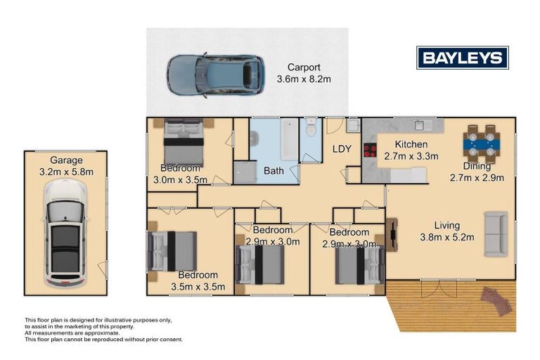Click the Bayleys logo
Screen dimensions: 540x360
click(x=462, y=58)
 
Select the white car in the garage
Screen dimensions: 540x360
click(x=65, y=233)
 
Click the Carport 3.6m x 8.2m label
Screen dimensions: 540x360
click(x=304, y=73)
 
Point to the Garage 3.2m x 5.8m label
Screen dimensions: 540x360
click(x=66, y=166)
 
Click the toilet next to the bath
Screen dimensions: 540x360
click(x=311, y=127)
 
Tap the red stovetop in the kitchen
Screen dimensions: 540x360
click(x=371, y=150)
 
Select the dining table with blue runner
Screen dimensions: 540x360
click(x=482, y=144)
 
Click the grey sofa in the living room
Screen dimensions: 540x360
click(x=496, y=234)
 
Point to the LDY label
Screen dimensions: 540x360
click(x=342, y=149)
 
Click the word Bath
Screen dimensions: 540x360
click(x=274, y=171)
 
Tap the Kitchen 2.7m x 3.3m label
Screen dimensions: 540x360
click(x=411, y=150)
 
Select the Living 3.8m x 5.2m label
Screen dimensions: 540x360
click(x=447, y=231)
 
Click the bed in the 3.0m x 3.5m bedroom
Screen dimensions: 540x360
click(x=183, y=141)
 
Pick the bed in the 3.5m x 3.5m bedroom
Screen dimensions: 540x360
click(x=172, y=251)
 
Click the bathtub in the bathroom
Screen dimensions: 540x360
click(x=288, y=139)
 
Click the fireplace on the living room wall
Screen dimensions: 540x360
click(x=392, y=235)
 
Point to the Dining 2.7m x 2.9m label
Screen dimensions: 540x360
click(x=477, y=172)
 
